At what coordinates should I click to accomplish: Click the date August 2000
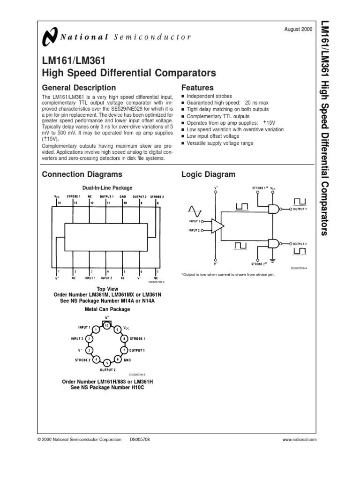(x=298, y=30)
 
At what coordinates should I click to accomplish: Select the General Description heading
(x=79, y=88)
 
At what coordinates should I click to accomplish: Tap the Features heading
(x=197, y=88)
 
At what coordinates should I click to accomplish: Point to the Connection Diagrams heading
(x=82, y=174)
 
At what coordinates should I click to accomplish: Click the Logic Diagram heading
(x=208, y=174)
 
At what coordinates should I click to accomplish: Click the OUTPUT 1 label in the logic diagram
(x=300, y=209)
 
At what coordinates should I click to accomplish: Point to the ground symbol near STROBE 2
(x=272, y=259)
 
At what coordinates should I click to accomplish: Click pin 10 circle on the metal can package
(x=107, y=325)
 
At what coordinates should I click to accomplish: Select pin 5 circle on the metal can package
(x=107, y=363)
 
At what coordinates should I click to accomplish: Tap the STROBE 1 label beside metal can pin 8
(x=137, y=338)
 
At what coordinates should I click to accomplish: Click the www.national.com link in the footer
(x=300, y=439)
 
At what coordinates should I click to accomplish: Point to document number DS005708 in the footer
(x=140, y=439)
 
